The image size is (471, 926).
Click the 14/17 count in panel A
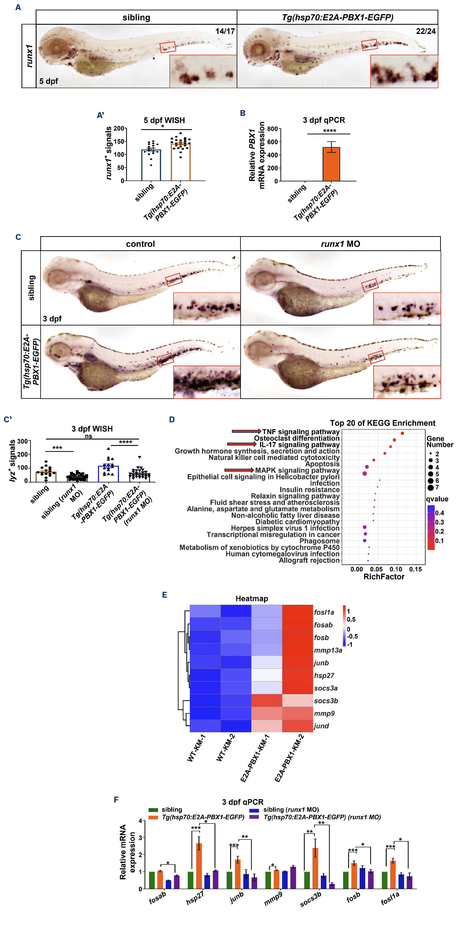[x=225, y=31]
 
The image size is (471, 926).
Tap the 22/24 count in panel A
[x=426, y=31]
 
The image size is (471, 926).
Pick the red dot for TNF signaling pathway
[x=402, y=433]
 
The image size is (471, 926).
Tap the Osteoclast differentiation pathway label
[x=297, y=438]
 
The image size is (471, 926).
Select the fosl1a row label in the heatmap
[x=324, y=612]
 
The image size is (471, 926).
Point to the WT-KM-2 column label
[x=226, y=748]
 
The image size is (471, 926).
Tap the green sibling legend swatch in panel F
[x=153, y=810]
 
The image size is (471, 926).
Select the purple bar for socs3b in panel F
[x=332, y=886]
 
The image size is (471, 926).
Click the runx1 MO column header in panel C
[x=340, y=244]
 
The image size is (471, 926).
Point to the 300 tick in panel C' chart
[x=23, y=441]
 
